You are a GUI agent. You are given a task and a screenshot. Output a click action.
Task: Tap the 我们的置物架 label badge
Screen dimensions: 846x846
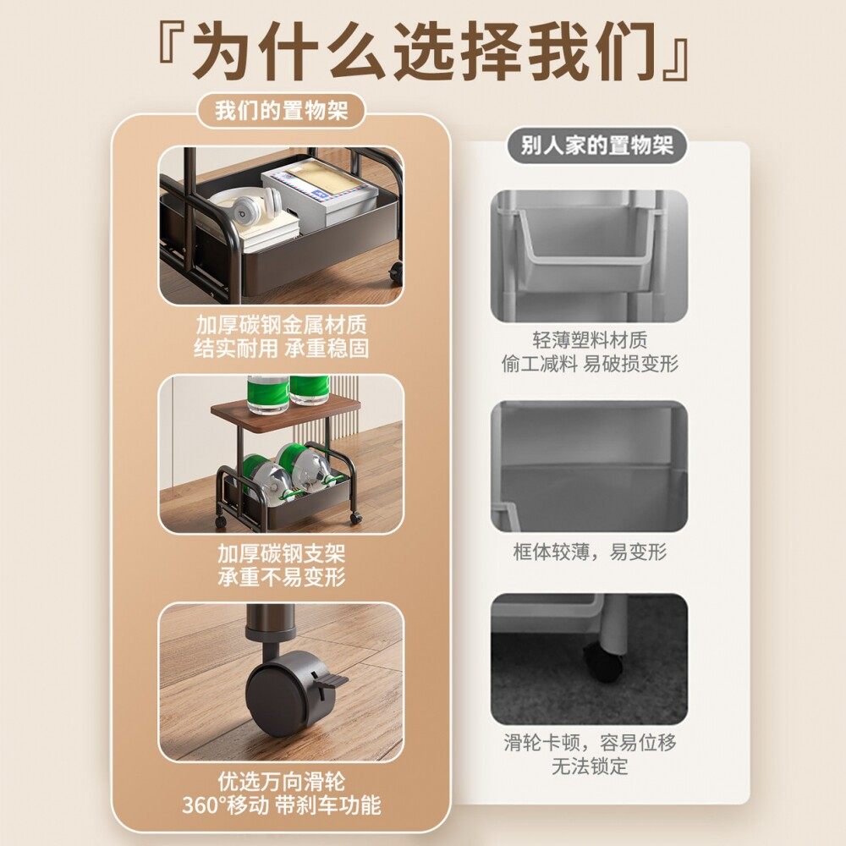[x=281, y=111]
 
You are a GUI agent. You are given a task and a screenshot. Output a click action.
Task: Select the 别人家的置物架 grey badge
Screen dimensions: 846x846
[x=597, y=146]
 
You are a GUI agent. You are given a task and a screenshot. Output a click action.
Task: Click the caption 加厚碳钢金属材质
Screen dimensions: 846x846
[x=281, y=325]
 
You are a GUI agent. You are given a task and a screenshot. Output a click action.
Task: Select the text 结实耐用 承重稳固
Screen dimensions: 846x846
[x=281, y=348]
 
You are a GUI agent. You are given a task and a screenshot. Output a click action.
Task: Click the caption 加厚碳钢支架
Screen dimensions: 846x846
[x=281, y=554]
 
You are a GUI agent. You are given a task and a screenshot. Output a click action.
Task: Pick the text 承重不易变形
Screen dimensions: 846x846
[x=281, y=578]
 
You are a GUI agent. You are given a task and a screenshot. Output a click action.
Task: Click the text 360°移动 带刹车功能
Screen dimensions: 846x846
[x=281, y=805]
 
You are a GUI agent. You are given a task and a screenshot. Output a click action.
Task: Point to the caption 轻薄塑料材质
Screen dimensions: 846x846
[x=590, y=340]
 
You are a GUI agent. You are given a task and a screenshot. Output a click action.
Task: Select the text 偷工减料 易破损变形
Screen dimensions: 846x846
[x=590, y=364]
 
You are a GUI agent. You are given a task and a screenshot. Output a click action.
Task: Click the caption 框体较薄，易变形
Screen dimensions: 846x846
[x=590, y=552]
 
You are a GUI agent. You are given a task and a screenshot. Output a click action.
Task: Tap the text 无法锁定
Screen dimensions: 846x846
[x=590, y=766]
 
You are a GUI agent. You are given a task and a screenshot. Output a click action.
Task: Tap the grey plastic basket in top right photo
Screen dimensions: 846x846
[x=575, y=245]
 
